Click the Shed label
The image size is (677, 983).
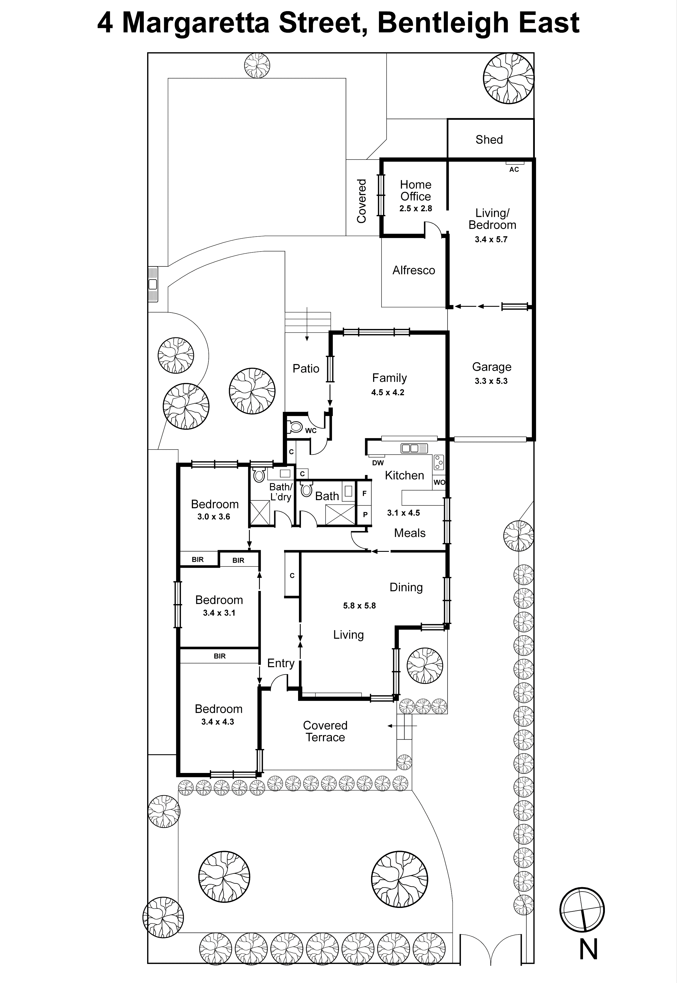[x=489, y=140]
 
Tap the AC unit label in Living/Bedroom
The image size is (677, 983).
[x=514, y=169]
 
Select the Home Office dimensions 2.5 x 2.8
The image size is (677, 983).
[x=415, y=208]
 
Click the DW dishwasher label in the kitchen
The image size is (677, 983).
[x=377, y=463]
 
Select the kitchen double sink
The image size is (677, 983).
[x=414, y=448]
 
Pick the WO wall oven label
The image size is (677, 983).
[x=439, y=482]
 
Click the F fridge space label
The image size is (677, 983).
[x=364, y=494]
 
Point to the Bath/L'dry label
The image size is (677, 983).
[x=281, y=492]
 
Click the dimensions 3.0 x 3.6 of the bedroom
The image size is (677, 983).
[x=213, y=516]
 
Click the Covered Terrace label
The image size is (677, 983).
[x=325, y=731]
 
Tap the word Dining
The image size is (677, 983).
[x=406, y=587]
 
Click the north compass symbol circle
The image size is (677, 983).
[x=582, y=910]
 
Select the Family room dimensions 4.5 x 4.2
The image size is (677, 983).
[x=387, y=393]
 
